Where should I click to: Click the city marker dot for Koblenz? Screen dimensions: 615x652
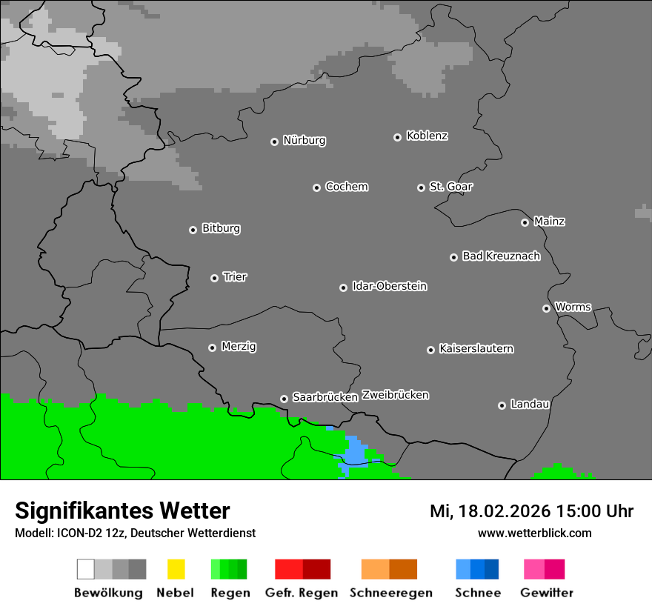click(x=397, y=137)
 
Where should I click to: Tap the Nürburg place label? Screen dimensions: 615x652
click(x=305, y=141)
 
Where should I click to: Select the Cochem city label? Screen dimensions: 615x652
click(x=347, y=187)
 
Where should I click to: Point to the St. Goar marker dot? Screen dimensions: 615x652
click(x=421, y=187)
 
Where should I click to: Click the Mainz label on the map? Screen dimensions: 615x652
click(x=550, y=222)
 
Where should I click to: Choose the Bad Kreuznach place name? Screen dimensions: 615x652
click(x=501, y=256)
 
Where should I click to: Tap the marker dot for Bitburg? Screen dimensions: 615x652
click(x=193, y=230)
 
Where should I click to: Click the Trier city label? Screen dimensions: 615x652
click(x=235, y=277)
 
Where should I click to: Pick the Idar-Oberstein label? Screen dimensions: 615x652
click(x=390, y=287)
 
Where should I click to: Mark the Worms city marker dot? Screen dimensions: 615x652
click(x=546, y=308)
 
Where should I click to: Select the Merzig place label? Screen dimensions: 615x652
click(x=239, y=347)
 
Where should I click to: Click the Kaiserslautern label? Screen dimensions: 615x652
click(x=476, y=349)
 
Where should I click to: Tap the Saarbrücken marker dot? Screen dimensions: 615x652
click(x=284, y=399)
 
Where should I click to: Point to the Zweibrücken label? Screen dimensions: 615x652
click(x=396, y=395)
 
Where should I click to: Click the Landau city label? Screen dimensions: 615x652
click(x=530, y=405)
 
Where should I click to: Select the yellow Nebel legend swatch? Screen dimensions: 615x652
click(x=176, y=569)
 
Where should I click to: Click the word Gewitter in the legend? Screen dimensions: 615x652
click(x=547, y=593)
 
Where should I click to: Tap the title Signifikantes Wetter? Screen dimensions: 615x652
click(x=122, y=511)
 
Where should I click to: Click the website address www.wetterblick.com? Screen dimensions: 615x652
click(x=534, y=533)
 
